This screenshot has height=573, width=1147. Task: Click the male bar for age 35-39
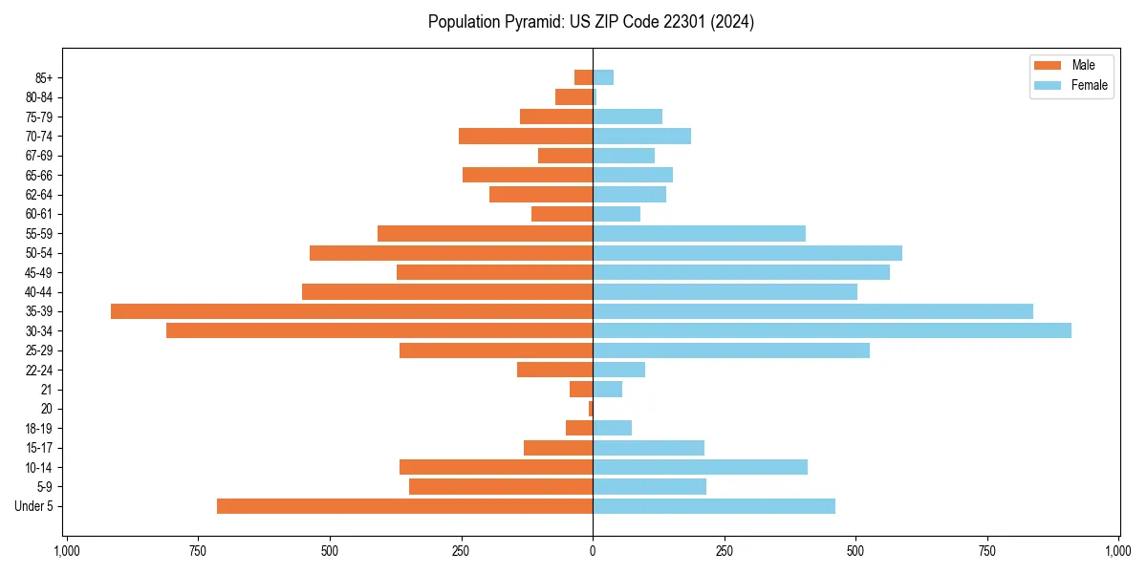[352, 311]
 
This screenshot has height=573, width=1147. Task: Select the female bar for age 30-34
[832, 330]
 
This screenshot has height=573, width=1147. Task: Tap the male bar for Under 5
[404, 506]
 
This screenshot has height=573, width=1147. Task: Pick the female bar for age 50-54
[747, 253]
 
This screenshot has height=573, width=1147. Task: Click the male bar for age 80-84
[573, 97]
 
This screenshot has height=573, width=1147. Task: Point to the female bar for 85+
[603, 77]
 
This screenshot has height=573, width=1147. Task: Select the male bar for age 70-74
[526, 137]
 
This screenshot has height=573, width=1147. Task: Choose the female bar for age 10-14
[700, 467]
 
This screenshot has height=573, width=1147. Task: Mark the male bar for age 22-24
[554, 370]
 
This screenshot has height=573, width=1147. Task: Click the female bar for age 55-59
[699, 234]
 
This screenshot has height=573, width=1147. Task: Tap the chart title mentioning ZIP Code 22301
[591, 22]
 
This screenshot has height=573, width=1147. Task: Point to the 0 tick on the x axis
[593, 551]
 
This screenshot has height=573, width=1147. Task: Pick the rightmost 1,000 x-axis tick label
[1118, 551]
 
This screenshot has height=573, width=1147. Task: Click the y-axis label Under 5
[34, 506]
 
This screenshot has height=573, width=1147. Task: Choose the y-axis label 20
[47, 409]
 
